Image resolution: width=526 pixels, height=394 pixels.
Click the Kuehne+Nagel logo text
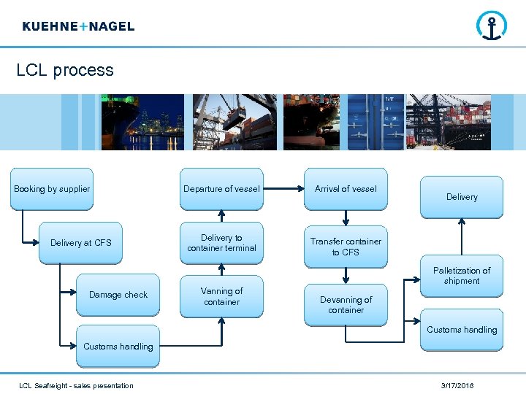point(78,26)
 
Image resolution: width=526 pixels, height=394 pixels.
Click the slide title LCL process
point(65,70)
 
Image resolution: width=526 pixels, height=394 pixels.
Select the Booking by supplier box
point(52,189)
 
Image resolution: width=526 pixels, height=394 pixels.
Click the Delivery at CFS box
point(80,242)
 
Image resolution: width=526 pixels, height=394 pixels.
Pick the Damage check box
point(118,295)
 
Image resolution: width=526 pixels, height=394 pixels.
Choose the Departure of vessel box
point(221,189)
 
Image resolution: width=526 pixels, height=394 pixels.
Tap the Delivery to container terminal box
point(221,243)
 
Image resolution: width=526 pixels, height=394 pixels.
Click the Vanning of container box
point(221,296)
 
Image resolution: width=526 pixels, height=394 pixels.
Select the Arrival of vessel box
point(346,189)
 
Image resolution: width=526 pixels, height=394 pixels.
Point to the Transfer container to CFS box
point(346,247)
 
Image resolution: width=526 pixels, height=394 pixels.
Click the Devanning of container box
point(346,304)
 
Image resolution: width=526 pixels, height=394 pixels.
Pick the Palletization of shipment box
point(462,276)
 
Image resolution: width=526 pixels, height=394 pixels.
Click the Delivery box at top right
point(462,197)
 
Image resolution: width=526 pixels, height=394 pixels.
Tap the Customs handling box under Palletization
point(462,330)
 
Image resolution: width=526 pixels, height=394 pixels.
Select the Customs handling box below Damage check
point(118,346)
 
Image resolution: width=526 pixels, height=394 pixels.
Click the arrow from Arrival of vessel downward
point(346,218)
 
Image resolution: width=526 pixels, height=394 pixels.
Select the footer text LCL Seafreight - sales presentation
point(76,385)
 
